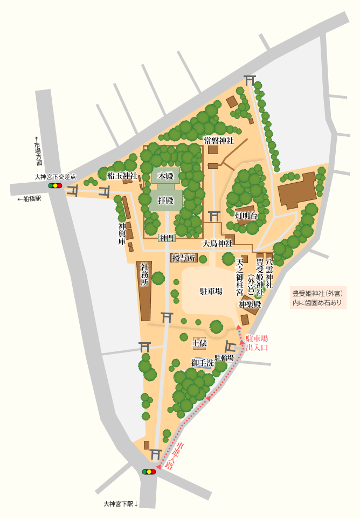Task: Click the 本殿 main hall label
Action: (x=165, y=176)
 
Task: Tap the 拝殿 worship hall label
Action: (x=165, y=200)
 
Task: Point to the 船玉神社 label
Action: (x=122, y=175)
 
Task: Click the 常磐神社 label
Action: (x=218, y=141)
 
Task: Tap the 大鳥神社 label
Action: (x=217, y=243)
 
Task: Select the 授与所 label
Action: (x=183, y=258)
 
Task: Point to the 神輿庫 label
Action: (x=122, y=234)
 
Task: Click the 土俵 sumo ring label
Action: (x=199, y=342)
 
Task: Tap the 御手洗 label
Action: (x=202, y=362)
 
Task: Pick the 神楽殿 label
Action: (x=250, y=305)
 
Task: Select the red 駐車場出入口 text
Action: (x=257, y=343)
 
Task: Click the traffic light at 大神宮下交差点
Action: (x=55, y=185)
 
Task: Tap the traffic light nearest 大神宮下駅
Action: (x=149, y=472)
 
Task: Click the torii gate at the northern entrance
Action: (x=249, y=80)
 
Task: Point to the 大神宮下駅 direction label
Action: (x=121, y=504)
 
